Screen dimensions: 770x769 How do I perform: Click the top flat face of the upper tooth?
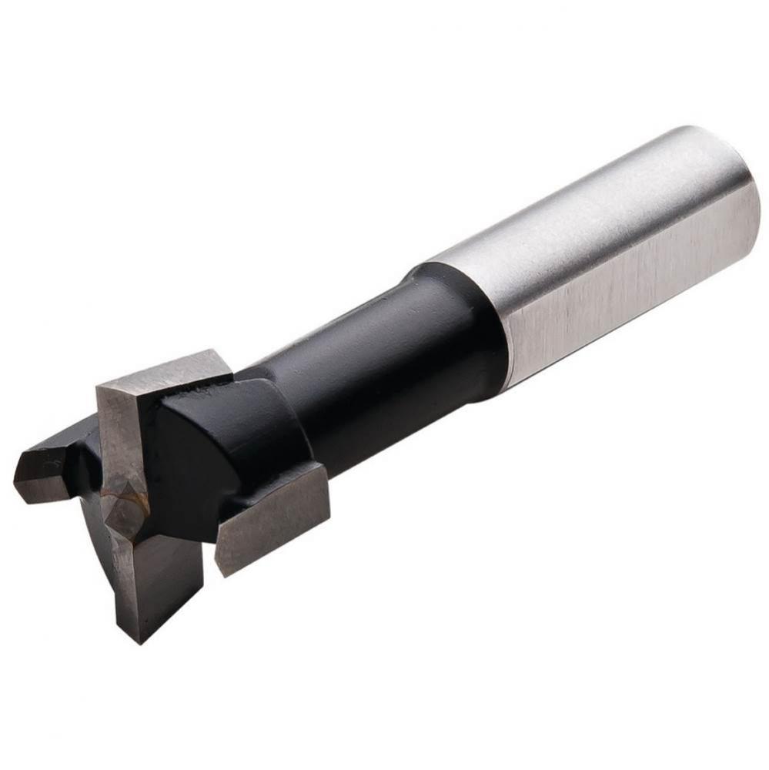click(166, 369)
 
